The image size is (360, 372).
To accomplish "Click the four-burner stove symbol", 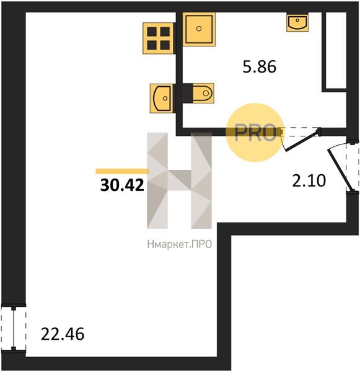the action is pyautogui.click(x=158, y=38).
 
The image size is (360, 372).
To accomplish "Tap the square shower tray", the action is pyautogui.click(x=199, y=29).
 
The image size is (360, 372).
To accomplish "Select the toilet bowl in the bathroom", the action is pyautogui.click(x=203, y=93).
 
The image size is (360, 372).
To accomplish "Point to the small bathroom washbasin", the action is pyautogui.click(x=297, y=23).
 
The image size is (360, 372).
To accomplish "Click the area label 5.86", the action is pyautogui.click(x=260, y=67).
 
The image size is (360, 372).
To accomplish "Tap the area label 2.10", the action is pyautogui.click(x=309, y=180).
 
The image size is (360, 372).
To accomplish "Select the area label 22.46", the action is pyautogui.click(x=63, y=334).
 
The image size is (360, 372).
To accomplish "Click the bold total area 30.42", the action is pyautogui.click(x=122, y=185).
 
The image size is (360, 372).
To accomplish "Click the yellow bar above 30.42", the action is pyautogui.click(x=122, y=171).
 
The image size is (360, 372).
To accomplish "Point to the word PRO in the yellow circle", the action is pyautogui.click(x=255, y=134).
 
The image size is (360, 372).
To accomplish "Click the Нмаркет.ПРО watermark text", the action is pyautogui.click(x=180, y=244).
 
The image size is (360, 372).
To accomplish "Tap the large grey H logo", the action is pyautogui.click(x=179, y=180).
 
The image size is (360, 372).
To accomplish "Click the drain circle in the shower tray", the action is pyautogui.click(x=199, y=29).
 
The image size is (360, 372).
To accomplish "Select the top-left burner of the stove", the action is pyautogui.click(x=152, y=32).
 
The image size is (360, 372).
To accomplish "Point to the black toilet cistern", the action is pyautogui.click(x=188, y=93).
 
